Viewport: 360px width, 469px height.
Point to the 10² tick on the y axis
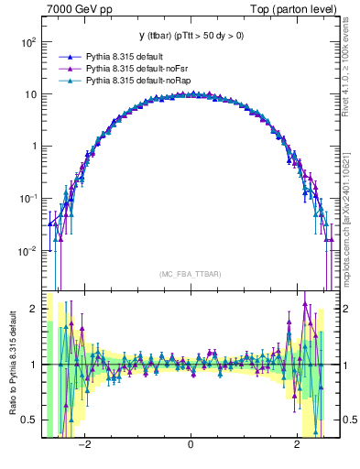(x=29, y=42)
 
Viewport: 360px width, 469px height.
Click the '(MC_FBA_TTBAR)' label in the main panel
(x=190, y=275)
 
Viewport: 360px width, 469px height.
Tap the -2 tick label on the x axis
(x=84, y=445)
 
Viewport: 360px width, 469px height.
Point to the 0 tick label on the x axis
(x=190, y=445)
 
